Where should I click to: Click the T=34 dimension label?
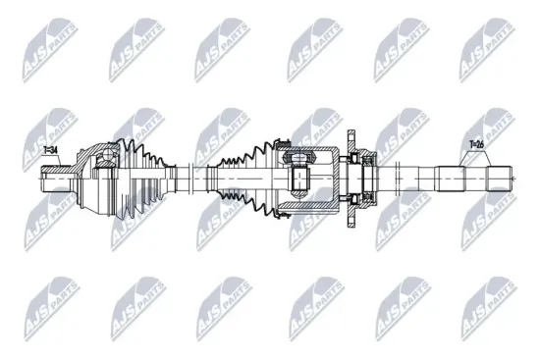click(x=51, y=150)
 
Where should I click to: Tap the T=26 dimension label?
click(x=477, y=144)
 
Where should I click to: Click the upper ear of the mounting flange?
click(x=351, y=134)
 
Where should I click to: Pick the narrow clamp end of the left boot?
click(x=175, y=177)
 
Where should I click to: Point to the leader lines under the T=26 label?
click(x=476, y=157)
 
